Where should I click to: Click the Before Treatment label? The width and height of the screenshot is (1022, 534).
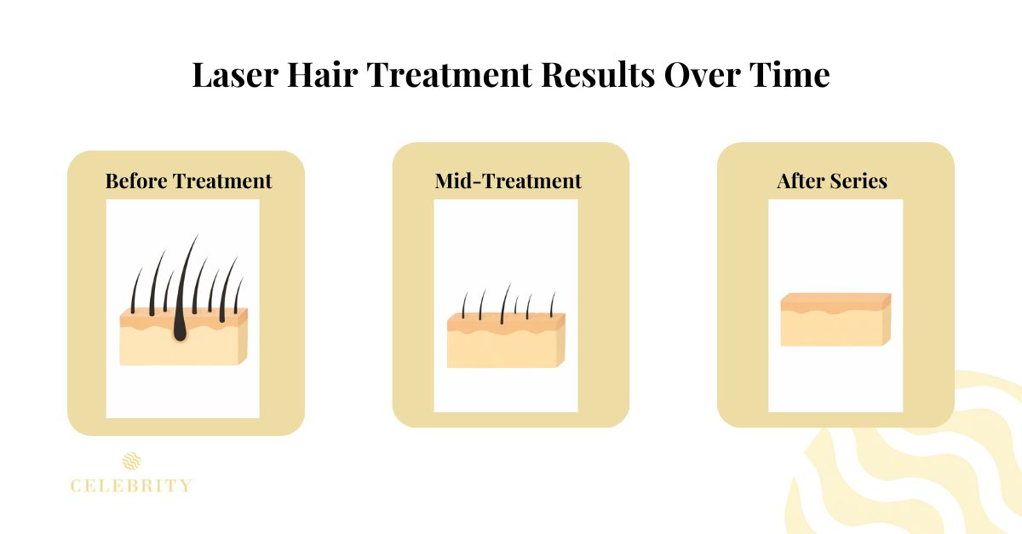[188, 181]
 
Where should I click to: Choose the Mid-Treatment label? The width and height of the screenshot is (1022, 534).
[508, 181]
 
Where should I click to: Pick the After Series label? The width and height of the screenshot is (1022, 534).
[832, 181]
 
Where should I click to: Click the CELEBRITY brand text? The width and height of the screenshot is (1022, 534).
[131, 486]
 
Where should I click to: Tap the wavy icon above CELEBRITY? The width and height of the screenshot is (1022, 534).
[131, 462]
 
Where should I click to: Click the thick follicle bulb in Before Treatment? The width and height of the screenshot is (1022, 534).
[180, 330]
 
